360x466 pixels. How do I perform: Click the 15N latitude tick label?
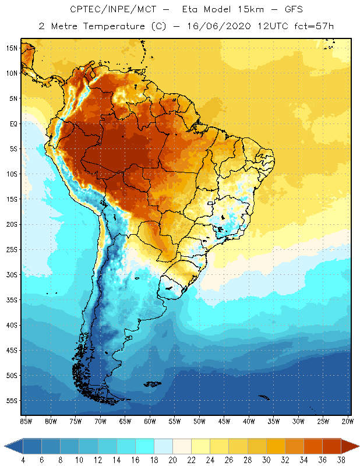(11, 48)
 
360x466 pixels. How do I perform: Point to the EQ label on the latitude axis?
(12, 123)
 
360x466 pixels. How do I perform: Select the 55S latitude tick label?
(11, 401)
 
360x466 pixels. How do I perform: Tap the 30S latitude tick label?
(11, 274)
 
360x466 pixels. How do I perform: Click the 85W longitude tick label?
(26, 421)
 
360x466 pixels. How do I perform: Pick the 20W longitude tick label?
(347, 421)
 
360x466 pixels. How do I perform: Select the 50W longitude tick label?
(199, 421)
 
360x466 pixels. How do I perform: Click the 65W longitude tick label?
(125, 421)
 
